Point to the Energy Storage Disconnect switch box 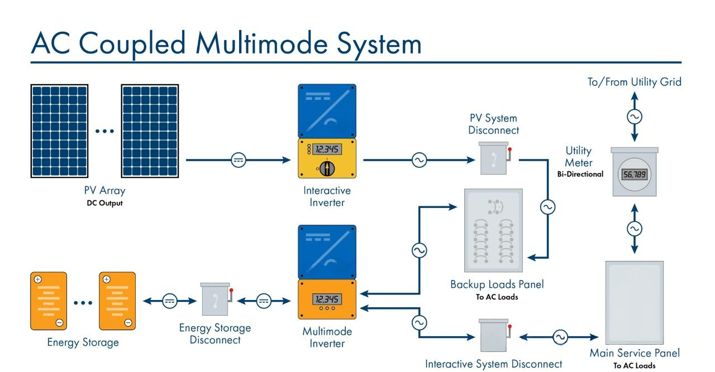coord(214,302)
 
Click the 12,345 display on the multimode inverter coord(327,299)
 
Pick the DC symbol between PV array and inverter coord(239,160)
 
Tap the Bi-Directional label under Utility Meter coord(580,174)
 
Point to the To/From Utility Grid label coord(634,82)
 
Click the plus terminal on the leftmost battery coord(37,280)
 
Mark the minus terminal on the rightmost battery coord(128,322)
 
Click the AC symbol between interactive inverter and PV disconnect coord(418,161)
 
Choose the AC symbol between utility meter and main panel coord(634,229)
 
